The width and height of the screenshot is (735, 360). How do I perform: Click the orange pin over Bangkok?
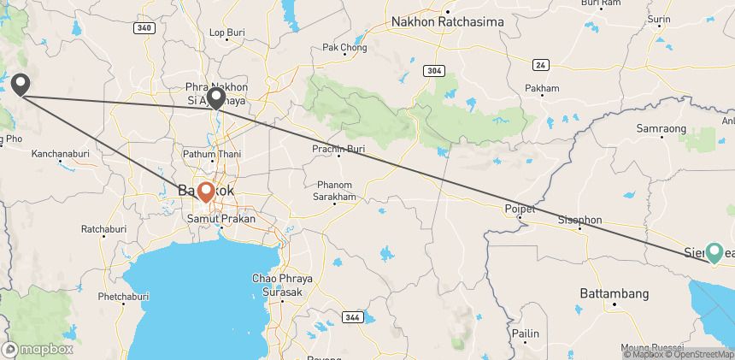(206, 191)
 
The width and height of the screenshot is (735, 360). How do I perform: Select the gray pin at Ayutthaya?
(217, 97)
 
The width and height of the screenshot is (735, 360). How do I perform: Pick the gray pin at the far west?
(21, 83)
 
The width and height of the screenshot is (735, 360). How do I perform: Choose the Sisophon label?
(579, 220)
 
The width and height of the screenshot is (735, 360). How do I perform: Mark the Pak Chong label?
(338, 47)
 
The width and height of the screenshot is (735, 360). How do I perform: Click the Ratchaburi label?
(103, 229)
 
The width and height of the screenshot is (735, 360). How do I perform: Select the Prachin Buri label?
(339, 150)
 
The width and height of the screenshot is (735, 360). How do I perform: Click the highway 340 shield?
(145, 27)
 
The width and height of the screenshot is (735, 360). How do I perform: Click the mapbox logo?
(38, 349)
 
